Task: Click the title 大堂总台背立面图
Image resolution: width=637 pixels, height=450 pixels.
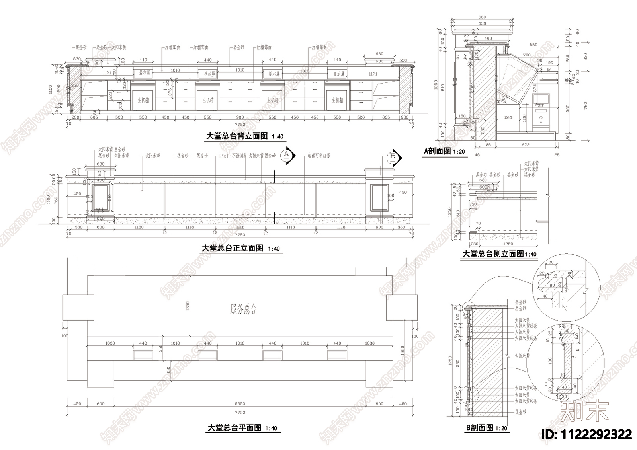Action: pos(237,136)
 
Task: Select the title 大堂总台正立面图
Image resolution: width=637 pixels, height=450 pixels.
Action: pos(233,248)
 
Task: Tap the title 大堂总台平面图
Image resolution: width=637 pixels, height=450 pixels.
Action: pos(234,428)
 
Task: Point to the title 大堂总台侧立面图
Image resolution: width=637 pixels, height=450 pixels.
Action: pos(493,254)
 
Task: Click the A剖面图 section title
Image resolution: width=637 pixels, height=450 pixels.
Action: pos(437,151)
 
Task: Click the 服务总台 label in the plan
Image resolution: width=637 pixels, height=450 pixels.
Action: pos(243,309)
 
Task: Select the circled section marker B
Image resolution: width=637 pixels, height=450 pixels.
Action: pos(393,156)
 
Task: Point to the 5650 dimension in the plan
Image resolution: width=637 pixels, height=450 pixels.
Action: pos(240,404)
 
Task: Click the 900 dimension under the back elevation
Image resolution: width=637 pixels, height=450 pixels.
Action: pos(240,117)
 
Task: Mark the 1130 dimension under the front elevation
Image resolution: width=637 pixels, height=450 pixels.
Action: pos(139,227)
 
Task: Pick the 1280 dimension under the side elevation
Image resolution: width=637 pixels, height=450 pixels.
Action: pos(508,244)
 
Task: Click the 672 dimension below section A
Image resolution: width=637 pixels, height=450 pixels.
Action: pos(526,145)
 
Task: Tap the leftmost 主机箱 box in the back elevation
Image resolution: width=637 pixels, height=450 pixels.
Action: pos(143,100)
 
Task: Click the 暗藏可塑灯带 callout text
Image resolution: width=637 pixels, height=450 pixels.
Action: pos(318,156)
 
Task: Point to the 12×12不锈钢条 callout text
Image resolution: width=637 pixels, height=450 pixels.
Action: pos(233,156)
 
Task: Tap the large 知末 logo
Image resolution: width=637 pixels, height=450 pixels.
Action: pos(584,411)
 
